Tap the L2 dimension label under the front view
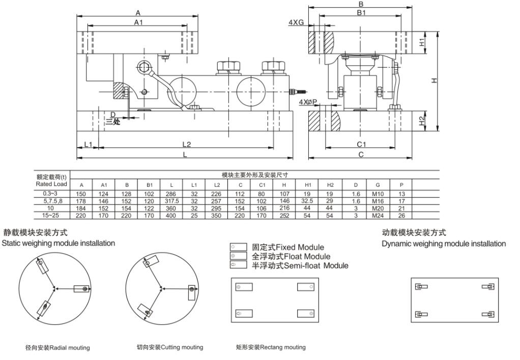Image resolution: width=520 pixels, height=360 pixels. (186, 145)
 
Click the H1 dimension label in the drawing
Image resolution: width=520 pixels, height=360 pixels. (422, 43)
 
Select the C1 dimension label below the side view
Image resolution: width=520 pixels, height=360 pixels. (362, 145)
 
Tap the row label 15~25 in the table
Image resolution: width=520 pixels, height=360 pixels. (51, 215)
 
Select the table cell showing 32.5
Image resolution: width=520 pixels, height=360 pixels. (307, 201)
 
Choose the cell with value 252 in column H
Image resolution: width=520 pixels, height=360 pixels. (284, 215)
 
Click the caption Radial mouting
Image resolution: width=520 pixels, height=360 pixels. (57, 348)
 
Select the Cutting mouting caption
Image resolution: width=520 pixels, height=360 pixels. (170, 347)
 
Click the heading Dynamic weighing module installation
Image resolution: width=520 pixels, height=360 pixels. (444, 244)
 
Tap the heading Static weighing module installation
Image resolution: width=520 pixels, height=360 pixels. (58, 243)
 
